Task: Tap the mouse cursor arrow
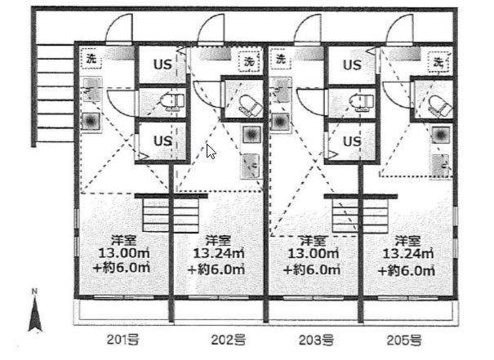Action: [211, 151]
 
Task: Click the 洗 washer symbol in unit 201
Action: [91, 58]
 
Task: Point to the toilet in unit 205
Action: [436, 104]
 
